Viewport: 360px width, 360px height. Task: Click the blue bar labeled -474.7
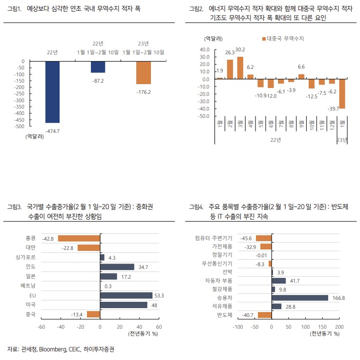point(53,91)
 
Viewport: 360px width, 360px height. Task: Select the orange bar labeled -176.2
point(143,72)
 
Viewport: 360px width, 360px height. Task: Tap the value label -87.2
point(98,80)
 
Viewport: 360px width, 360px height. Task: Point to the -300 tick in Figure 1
point(20,100)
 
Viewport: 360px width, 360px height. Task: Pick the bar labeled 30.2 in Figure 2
point(240,67)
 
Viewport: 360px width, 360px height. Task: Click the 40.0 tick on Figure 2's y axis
point(205,49)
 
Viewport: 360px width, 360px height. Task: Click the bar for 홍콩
point(79,238)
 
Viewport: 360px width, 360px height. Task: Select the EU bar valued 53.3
point(126,295)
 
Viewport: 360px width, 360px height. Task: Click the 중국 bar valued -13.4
point(93,314)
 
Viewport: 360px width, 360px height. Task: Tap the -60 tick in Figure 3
point(42,326)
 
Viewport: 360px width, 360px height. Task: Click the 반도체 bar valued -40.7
point(265,315)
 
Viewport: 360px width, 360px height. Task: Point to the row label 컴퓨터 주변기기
point(213,238)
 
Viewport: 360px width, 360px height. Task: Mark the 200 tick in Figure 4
point(339,326)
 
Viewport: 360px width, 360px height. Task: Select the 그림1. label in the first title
point(15,9)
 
